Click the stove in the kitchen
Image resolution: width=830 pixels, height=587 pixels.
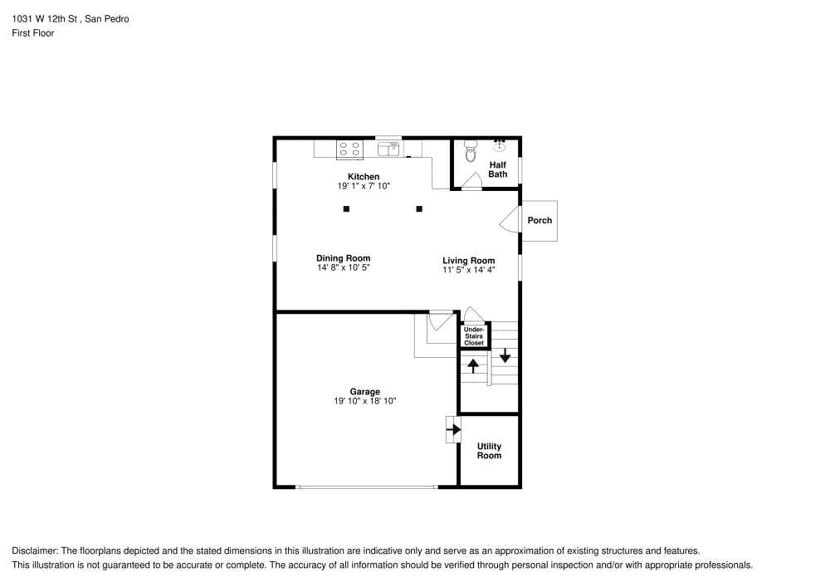[349, 149]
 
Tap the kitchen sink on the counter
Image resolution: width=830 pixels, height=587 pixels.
[388, 149]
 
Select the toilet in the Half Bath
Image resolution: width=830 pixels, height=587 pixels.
[471, 152]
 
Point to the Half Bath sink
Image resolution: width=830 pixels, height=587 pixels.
[500, 146]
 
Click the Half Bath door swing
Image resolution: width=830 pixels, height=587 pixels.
[473, 181]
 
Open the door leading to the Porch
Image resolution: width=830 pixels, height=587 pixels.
[508, 221]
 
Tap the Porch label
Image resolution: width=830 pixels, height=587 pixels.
[539, 221]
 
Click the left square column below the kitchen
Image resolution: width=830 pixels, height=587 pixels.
[346, 209]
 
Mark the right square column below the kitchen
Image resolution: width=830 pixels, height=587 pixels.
[419, 209]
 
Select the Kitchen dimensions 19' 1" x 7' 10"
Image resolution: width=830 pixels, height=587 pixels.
[364, 187]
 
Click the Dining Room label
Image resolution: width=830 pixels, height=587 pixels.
[343, 258]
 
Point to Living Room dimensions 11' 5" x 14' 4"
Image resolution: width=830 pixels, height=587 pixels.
[468, 270]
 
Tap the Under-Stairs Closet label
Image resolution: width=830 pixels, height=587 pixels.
[474, 336]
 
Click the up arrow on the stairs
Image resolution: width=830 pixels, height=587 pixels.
[473, 364]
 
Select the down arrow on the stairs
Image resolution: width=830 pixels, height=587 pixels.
[504, 355]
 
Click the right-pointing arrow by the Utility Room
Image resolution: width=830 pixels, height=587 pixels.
[453, 429]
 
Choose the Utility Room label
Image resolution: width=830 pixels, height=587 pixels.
[489, 451]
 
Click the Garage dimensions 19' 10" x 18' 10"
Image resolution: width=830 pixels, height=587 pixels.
[364, 402]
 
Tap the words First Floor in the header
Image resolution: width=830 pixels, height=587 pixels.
[32, 33]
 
